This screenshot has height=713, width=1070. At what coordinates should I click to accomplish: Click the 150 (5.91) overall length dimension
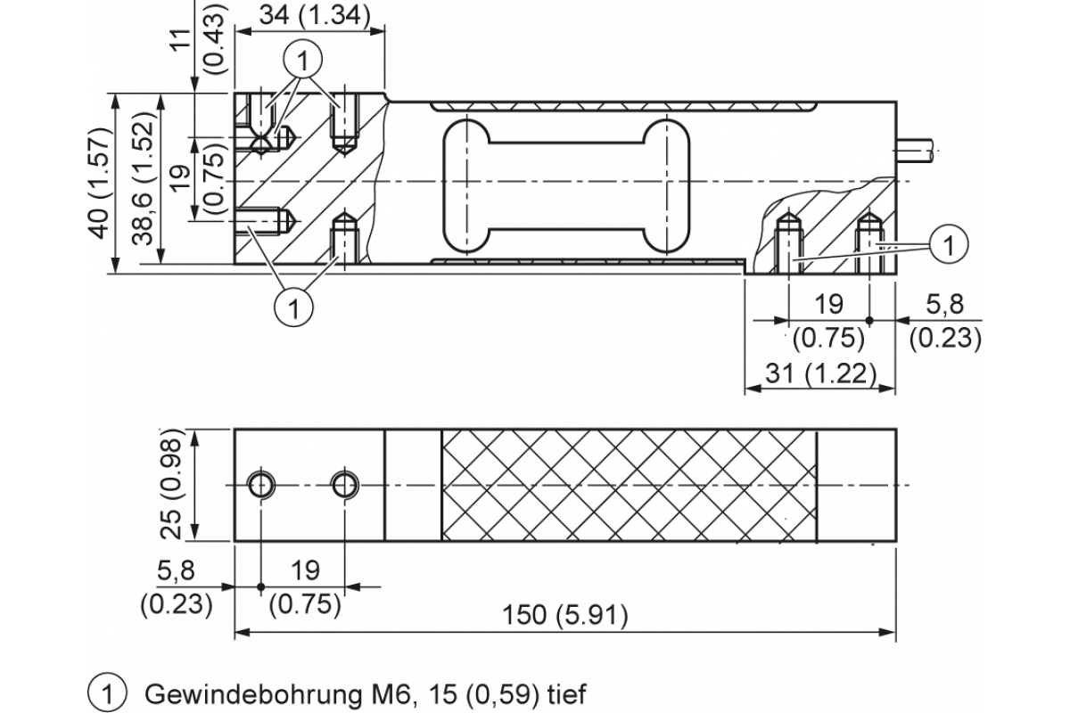(565, 615)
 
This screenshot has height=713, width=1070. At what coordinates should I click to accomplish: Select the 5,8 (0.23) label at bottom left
(177, 588)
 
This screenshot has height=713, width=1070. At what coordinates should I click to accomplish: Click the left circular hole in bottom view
(261, 485)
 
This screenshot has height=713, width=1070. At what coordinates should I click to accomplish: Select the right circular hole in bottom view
(343, 485)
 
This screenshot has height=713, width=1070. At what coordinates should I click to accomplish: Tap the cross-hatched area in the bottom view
(629, 486)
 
